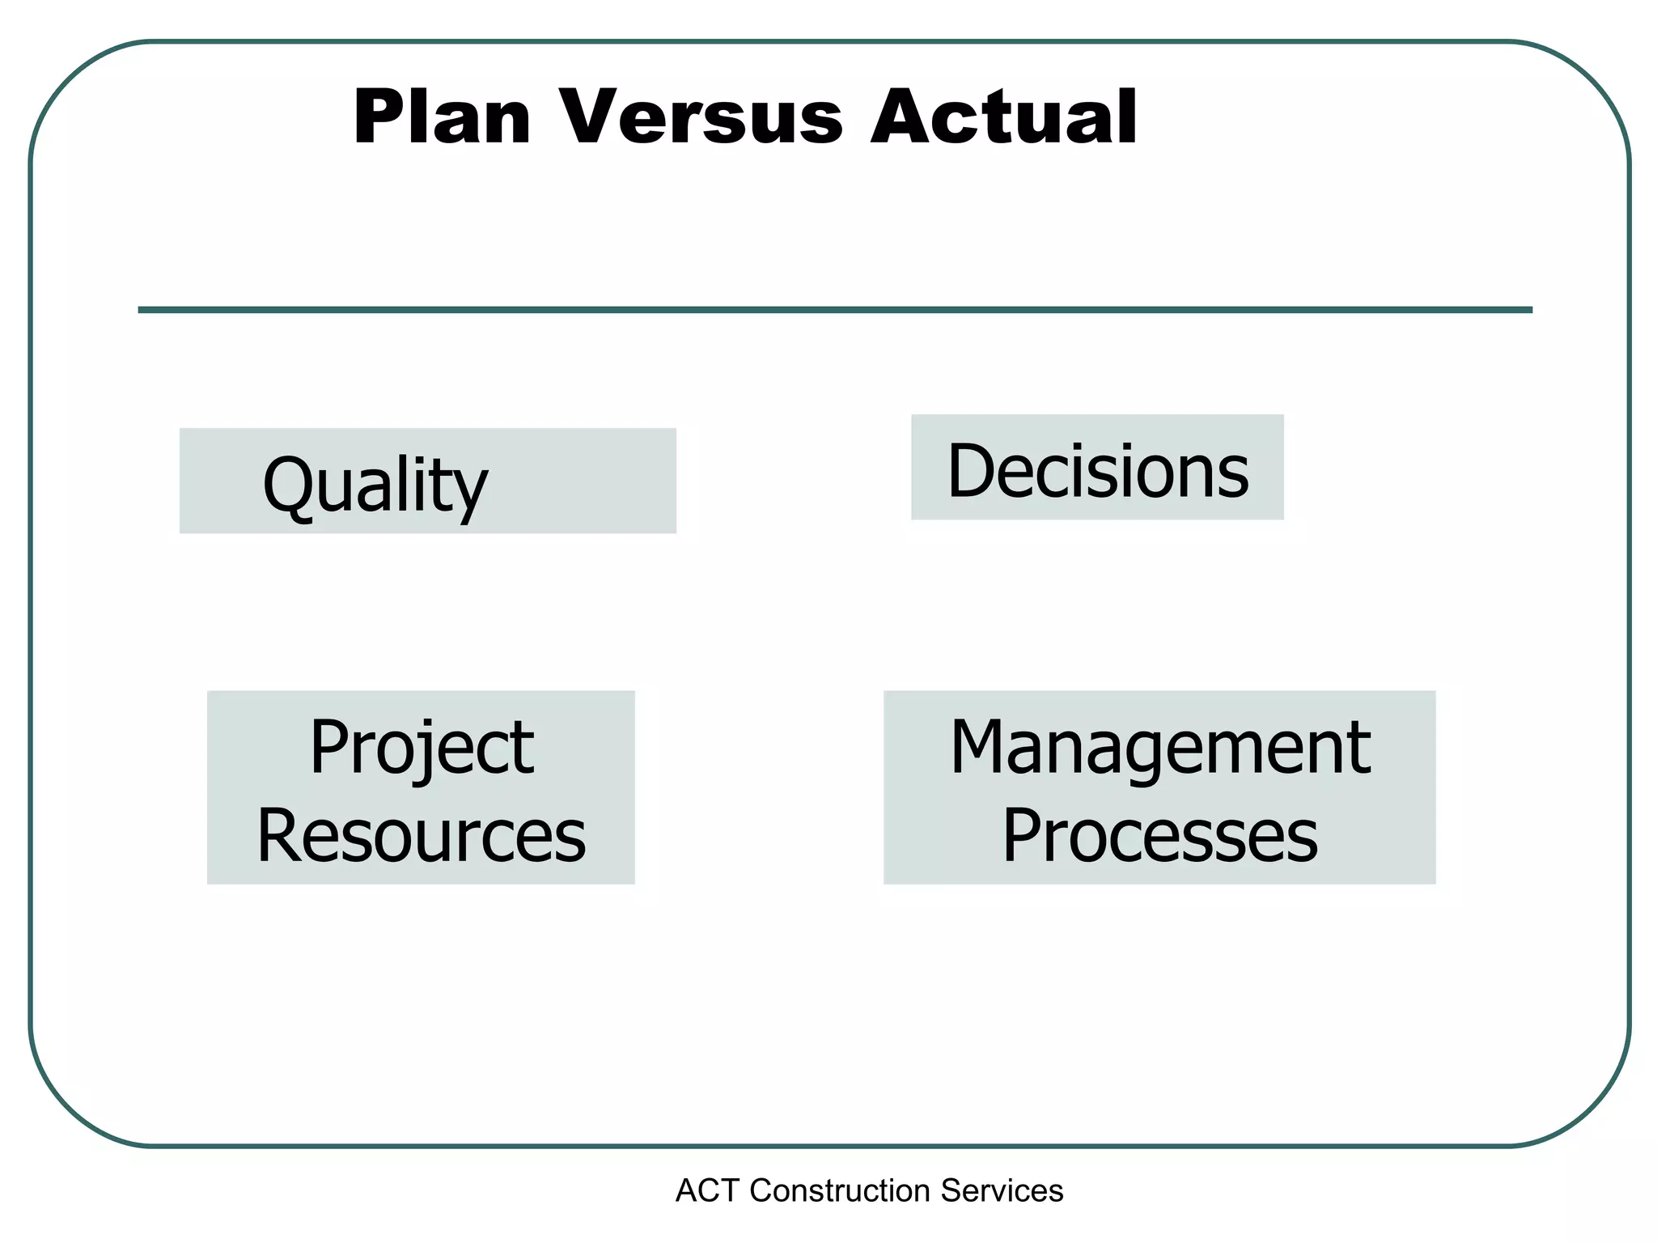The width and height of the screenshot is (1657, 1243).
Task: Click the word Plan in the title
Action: click(x=442, y=118)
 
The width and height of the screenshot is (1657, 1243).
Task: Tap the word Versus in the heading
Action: click(x=701, y=118)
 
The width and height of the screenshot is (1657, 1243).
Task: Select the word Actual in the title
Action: click(x=1003, y=118)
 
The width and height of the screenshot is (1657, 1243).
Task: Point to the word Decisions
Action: click(x=1098, y=471)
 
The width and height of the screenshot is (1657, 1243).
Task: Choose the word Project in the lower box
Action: click(x=422, y=749)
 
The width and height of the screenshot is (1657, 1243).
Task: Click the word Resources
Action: click(x=422, y=836)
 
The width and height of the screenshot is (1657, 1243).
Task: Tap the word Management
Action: click(x=1159, y=749)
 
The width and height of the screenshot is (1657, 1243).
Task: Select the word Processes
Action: click(x=1159, y=836)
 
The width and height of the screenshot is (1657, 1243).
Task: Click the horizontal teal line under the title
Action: click(x=835, y=310)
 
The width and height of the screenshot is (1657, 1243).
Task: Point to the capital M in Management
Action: click(x=981, y=749)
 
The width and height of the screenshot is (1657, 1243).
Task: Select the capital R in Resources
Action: click(x=279, y=836)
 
